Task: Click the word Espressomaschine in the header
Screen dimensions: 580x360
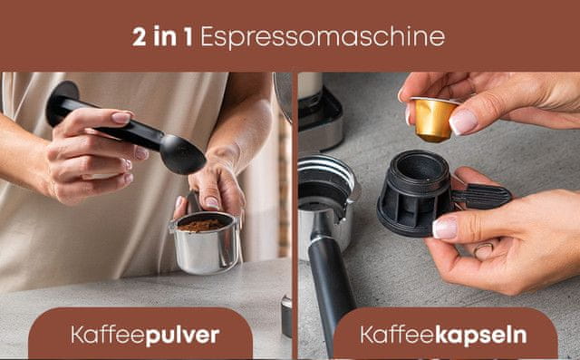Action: (x=323, y=37)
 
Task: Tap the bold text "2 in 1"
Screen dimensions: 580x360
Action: (x=162, y=36)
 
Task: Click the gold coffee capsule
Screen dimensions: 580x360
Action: (x=433, y=119)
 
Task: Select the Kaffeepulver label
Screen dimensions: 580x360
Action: (x=145, y=335)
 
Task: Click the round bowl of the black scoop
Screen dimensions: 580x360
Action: (x=182, y=154)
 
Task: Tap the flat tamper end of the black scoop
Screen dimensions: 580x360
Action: (x=63, y=102)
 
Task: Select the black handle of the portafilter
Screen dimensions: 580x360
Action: (x=330, y=288)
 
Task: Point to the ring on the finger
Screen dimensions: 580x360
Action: (x=483, y=249)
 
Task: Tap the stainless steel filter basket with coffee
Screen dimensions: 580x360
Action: (x=205, y=242)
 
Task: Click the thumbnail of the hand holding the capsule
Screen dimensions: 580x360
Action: (x=462, y=122)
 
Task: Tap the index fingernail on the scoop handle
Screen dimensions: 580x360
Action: (x=121, y=118)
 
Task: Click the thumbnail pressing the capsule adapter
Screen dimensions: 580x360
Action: (x=445, y=228)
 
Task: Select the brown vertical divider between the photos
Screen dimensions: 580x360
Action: (x=295, y=216)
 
